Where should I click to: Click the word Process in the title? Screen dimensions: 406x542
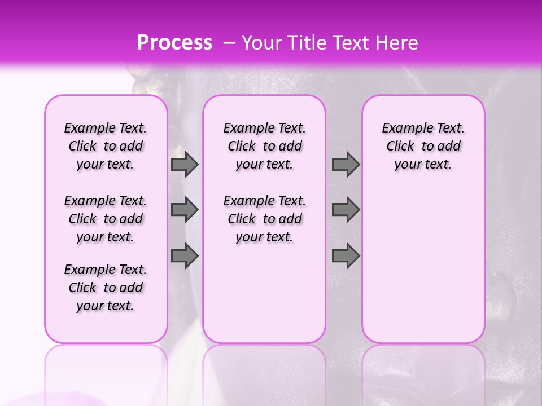174,43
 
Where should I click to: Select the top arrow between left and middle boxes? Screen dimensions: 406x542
185,164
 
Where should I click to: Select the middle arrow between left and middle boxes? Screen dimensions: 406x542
185,210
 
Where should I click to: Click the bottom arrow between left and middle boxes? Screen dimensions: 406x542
185,256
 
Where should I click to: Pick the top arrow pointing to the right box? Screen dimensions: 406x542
346,164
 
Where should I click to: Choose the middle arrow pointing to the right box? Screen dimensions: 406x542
346,210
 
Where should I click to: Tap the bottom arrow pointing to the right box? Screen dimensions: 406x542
346,256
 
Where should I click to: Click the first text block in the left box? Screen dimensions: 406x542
106,146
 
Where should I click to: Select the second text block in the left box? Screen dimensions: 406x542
106,219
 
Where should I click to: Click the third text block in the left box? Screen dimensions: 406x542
106,288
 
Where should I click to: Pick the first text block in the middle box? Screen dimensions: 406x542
264,146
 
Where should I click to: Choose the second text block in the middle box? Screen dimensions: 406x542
264,219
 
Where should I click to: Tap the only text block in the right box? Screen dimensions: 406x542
423,146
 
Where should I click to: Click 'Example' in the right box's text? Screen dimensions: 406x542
403,129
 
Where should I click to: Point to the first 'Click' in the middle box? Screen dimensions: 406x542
242,147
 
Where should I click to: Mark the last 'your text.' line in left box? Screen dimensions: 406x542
106,306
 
